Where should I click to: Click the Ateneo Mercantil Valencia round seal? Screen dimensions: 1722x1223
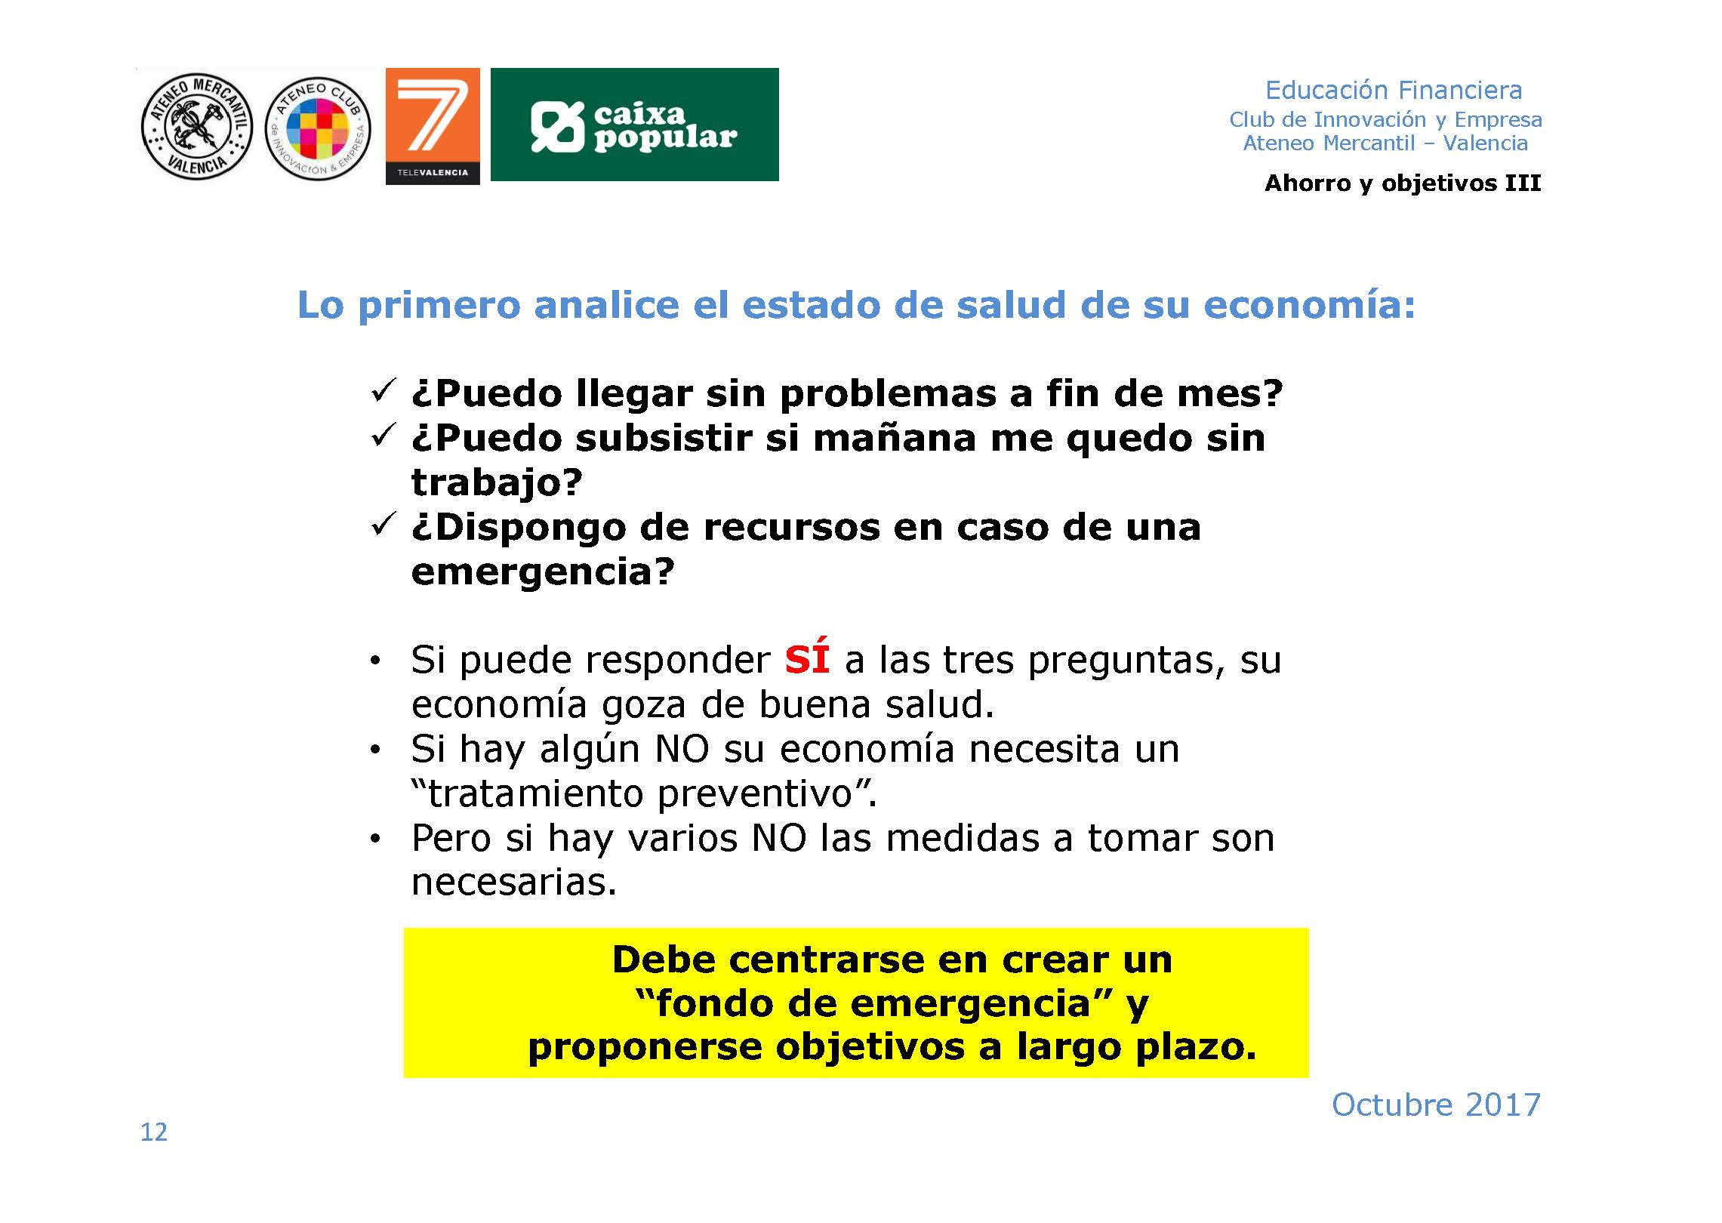click(197, 127)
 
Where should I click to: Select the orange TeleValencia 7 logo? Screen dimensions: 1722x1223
click(433, 126)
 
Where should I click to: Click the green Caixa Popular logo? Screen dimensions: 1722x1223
click(635, 125)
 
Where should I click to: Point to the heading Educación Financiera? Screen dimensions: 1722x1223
click(1394, 90)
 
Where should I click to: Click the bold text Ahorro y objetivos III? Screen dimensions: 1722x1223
click(1403, 183)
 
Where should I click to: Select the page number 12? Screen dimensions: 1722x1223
click(154, 1132)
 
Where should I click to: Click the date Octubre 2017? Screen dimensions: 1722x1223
click(1436, 1104)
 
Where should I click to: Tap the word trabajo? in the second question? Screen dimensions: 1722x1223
click(497, 482)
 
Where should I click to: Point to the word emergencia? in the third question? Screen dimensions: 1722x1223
click(543, 571)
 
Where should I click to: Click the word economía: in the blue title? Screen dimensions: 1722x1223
click(1309, 305)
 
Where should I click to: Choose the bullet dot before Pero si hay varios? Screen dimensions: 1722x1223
click(375, 839)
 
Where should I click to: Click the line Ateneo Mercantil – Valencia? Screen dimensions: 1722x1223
click(1385, 143)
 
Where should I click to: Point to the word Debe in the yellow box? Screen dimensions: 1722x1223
click(663, 960)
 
